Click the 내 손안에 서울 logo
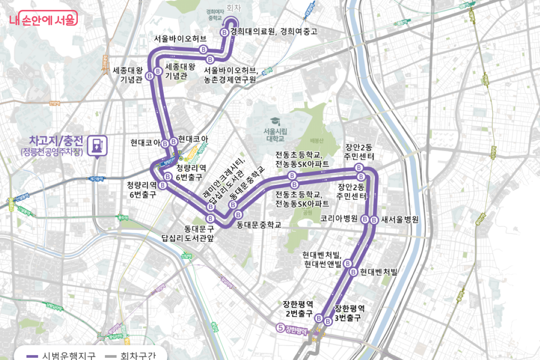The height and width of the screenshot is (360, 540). pyautogui.click(x=43, y=18)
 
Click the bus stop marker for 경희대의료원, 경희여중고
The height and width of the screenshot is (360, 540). pyautogui.click(x=225, y=32)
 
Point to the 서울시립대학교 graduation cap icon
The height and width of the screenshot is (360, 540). pyautogui.click(x=274, y=121)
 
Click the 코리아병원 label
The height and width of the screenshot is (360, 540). pyautogui.click(x=339, y=219)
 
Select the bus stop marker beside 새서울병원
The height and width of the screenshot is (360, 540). pyautogui.click(x=374, y=220)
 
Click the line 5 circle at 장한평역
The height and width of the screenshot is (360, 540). pyautogui.click(x=280, y=328)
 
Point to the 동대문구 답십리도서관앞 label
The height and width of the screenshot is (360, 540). pyautogui.click(x=188, y=234)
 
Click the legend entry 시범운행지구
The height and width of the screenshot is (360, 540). pyautogui.click(x=69, y=355)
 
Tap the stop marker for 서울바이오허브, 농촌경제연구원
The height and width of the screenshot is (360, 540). pyautogui.click(x=211, y=59)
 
